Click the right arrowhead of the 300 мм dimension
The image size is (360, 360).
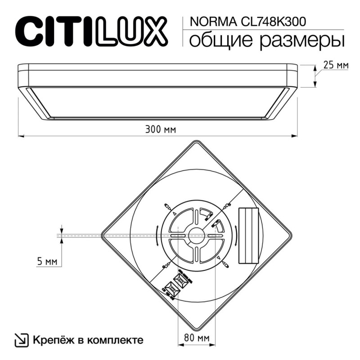[x=295, y=135]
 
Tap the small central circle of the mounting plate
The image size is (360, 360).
[x=196, y=234]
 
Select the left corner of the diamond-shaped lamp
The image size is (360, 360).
[x=103, y=234]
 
